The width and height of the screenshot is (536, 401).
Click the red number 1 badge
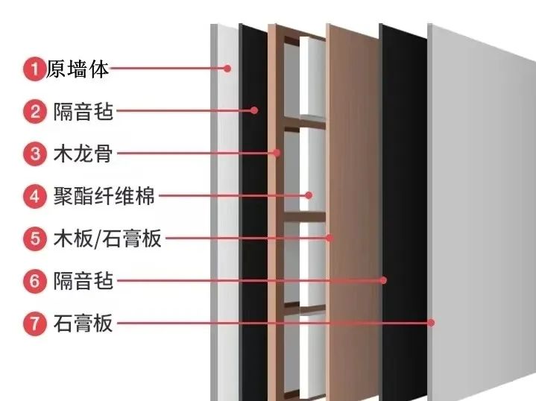pyautogui.click(x=34, y=69)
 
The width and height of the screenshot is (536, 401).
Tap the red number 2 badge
pyautogui.click(x=34, y=112)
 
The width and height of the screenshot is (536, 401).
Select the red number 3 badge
pyautogui.click(x=34, y=154)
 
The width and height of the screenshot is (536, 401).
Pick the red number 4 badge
pyautogui.click(x=34, y=197)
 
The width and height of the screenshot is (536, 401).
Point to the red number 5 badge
pyautogui.click(x=34, y=239)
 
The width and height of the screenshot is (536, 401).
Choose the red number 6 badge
pyautogui.click(x=34, y=281)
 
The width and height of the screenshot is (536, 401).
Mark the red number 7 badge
pyautogui.click(x=34, y=323)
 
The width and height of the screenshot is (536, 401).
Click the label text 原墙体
pyautogui.click(x=78, y=69)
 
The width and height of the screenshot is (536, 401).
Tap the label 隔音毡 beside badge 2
pyautogui.click(x=83, y=111)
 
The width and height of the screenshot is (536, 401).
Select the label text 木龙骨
pyautogui.click(x=83, y=154)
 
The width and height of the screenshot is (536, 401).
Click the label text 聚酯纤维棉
pyautogui.click(x=104, y=196)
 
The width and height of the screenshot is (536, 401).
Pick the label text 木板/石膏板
pyautogui.click(x=107, y=239)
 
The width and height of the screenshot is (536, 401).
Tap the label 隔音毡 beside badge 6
pyautogui.click(x=83, y=281)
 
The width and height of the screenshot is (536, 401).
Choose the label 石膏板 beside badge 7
pyautogui.click(x=83, y=323)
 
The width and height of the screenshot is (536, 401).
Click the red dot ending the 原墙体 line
pyautogui.click(x=227, y=69)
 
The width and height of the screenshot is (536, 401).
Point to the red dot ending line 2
pyautogui.click(x=254, y=110)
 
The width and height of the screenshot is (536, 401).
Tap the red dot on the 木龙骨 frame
pyautogui.click(x=277, y=153)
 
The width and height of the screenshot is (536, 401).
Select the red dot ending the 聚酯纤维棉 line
pyautogui.click(x=309, y=195)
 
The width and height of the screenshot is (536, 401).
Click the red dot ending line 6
pyautogui.click(x=383, y=280)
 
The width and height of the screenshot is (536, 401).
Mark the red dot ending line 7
pyautogui.click(x=431, y=323)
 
